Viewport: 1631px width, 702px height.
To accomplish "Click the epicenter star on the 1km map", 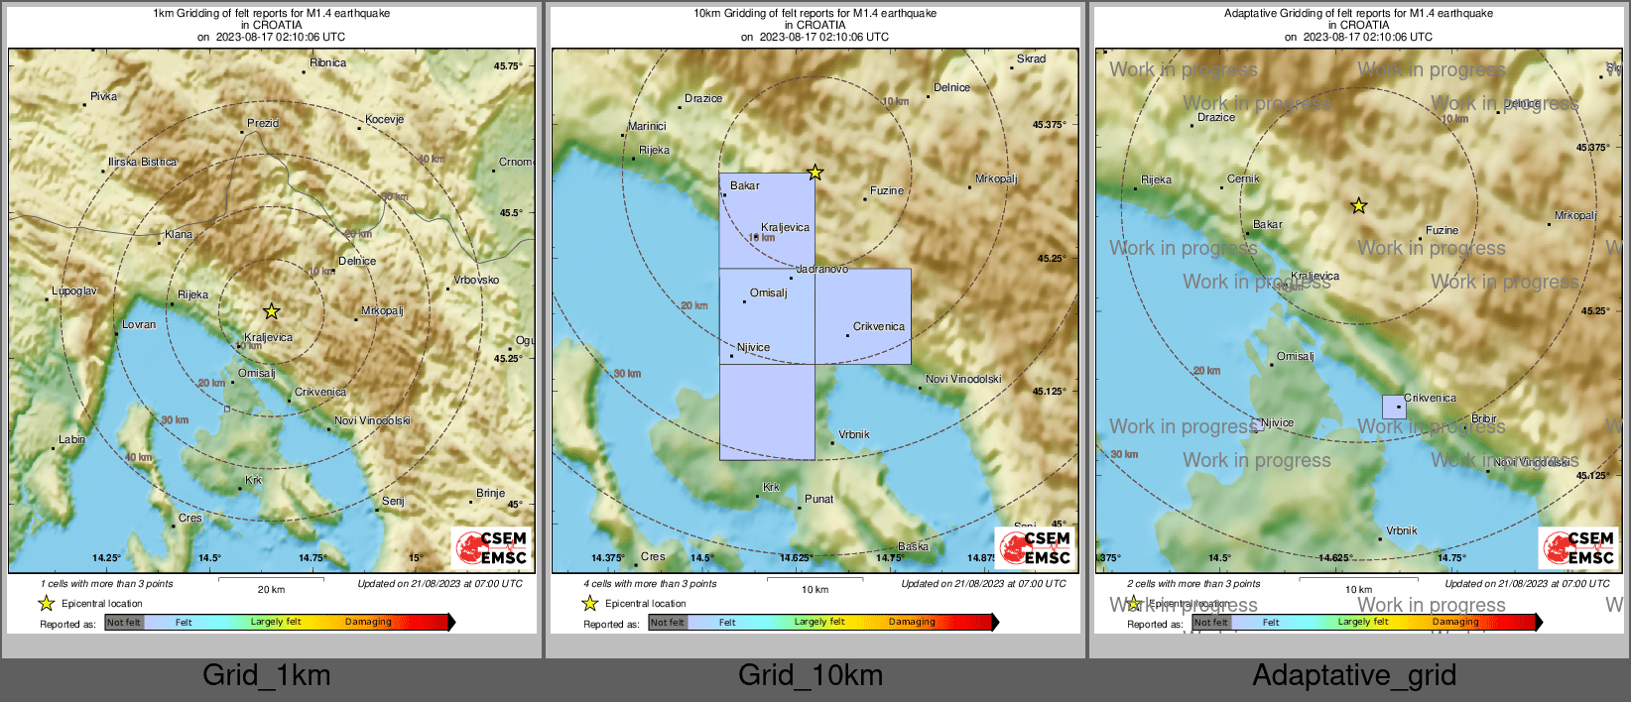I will click(271, 311).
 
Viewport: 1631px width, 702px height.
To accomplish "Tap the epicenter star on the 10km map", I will click(815, 173).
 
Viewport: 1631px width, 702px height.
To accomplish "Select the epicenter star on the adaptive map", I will click(1358, 206).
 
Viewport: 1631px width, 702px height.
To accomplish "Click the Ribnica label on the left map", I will click(327, 62).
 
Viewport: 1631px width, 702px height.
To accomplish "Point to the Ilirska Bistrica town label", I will click(142, 162).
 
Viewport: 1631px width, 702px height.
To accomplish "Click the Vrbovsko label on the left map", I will click(476, 280).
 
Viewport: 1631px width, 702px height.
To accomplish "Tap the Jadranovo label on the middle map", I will click(821, 269).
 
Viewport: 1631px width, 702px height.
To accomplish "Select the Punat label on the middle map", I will click(818, 499).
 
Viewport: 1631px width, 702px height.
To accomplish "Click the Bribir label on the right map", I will click(1483, 418).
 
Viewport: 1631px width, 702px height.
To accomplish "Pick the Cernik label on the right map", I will click(1243, 179).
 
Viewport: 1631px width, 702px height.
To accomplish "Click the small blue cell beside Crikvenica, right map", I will click(1394, 407).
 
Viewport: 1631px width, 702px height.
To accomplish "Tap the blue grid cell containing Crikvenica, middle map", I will click(862, 315).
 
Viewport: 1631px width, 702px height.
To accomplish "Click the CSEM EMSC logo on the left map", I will click(492, 547).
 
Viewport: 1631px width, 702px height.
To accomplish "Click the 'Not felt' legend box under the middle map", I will click(667, 623).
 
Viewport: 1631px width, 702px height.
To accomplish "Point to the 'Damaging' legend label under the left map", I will click(368, 622).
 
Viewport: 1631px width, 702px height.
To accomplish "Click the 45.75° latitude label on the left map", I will click(507, 66).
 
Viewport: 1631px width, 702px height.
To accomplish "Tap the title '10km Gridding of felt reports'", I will click(815, 14).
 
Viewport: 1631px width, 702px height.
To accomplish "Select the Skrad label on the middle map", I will click(1031, 58).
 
